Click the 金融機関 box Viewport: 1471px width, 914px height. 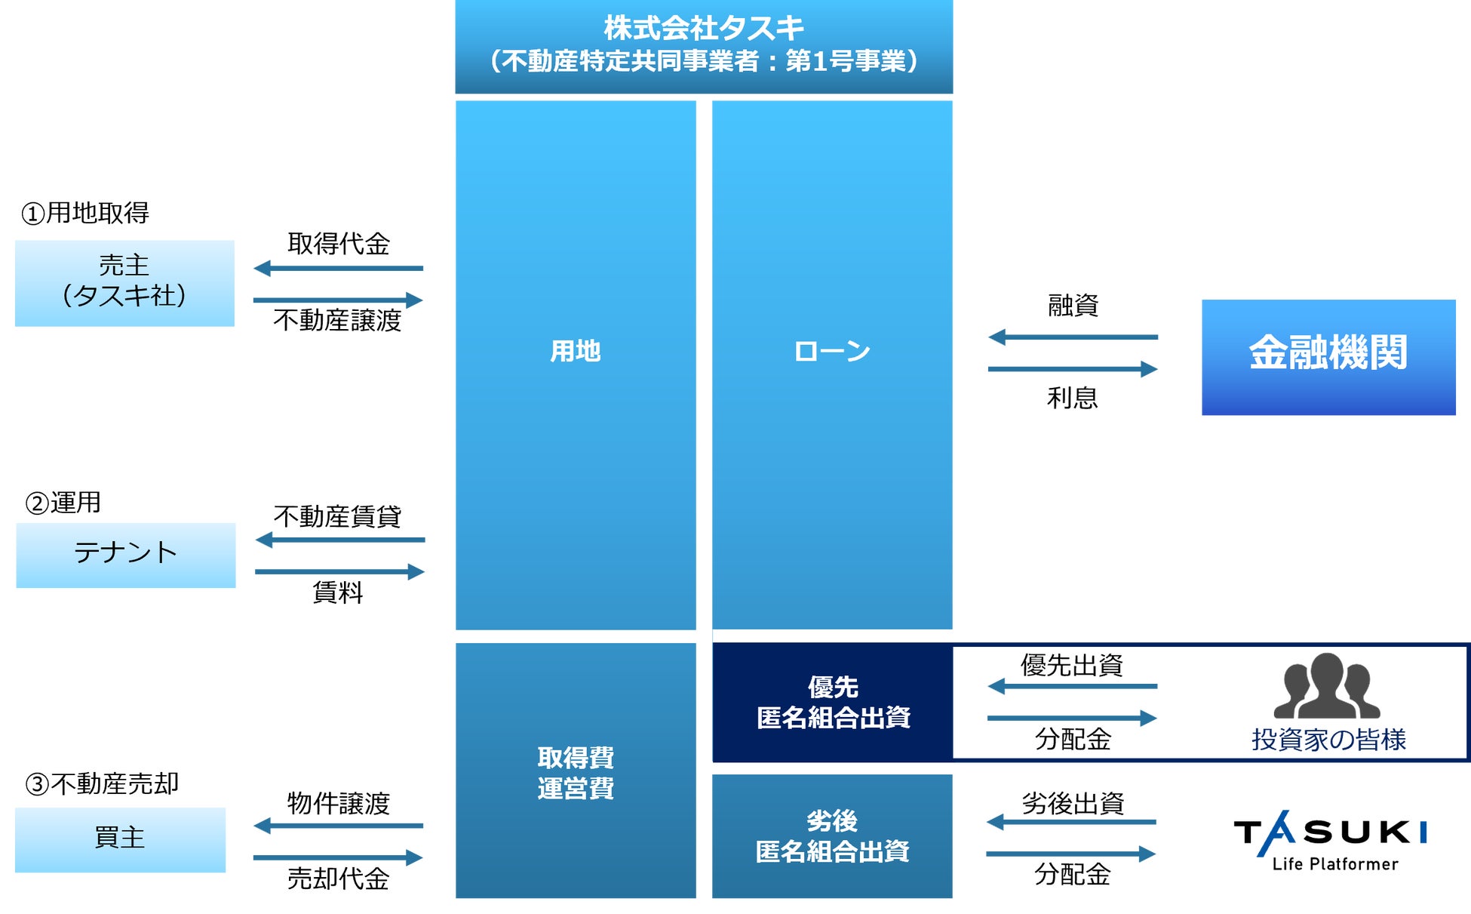click(1328, 357)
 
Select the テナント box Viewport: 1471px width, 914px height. click(125, 555)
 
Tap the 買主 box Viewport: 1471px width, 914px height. click(120, 839)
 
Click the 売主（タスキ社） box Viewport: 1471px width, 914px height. click(124, 283)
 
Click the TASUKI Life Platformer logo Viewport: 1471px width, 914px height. click(1331, 841)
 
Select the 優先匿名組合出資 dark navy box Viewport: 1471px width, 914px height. click(832, 702)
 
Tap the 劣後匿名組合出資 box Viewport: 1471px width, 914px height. click(832, 836)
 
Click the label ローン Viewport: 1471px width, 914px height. click(832, 351)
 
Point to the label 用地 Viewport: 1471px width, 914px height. click(575, 351)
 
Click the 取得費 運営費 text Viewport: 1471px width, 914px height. click(575, 772)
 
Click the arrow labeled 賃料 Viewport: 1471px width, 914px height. click(339, 571)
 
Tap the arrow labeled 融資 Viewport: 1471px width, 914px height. click(1073, 337)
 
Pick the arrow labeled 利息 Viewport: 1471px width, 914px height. click(1073, 369)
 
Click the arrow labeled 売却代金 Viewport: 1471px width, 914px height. click(338, 857)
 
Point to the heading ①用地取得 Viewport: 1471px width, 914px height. click(85, 214)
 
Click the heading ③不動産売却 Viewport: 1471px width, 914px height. click(102, 784)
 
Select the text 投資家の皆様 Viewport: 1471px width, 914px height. click(1328, 740)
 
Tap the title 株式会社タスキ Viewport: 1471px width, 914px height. click(703, 29)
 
